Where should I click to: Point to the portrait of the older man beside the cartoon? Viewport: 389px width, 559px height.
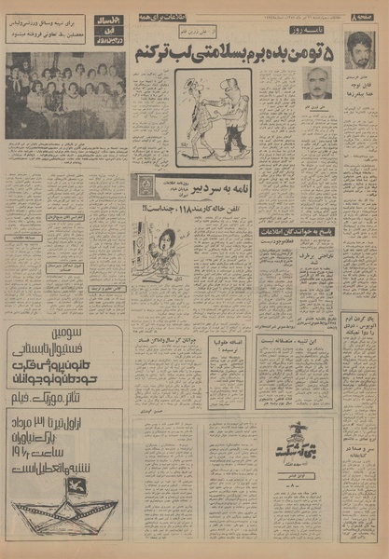(x=318, y=84)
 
